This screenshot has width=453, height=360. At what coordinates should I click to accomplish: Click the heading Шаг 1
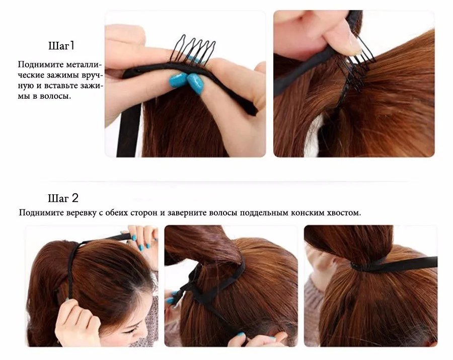[x=61, y=46]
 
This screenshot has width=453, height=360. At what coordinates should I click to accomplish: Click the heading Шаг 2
[x=63, y=198]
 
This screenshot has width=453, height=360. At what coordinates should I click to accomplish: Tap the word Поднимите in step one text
[x=40, y=64]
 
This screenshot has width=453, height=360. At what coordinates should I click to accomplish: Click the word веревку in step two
[x=81, y=213]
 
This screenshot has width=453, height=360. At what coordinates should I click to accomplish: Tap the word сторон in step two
[x=143, y=213]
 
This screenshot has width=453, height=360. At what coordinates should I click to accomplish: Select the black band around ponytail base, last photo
[x=394, y=264]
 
